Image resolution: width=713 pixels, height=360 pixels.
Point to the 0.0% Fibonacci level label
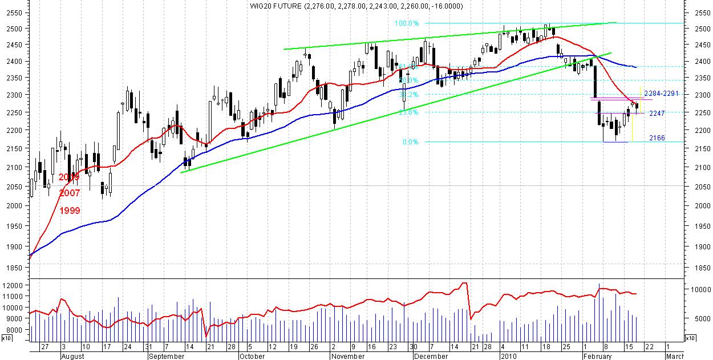(x=410, y=142)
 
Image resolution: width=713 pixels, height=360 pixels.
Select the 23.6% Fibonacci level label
(x=408, y=112)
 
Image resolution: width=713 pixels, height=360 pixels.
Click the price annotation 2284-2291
(x=662, y=93)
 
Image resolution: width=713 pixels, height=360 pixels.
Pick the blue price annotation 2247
(x=657, y=114)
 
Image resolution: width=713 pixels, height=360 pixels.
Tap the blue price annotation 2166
(x=657, y=138)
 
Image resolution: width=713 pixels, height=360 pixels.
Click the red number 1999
(x=70, y=211)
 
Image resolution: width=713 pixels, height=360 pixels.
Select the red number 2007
(x=70, y=193)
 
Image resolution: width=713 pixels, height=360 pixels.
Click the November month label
(x=347, y=356)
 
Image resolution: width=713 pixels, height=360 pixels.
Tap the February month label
(x=598, y=356)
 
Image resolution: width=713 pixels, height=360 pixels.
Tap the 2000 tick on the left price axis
(x=13, y=205)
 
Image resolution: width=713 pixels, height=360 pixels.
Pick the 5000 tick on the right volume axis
(x=696, y=318)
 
